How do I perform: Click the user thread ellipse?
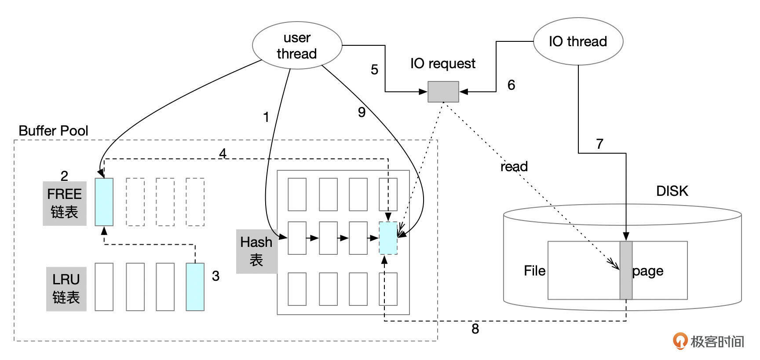[x=297, y=45]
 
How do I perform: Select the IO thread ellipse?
[x=578, y=41]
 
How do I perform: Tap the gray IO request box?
[x=443, y=92]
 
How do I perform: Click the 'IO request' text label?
[x=442, y=63]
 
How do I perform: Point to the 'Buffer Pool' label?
[x=53, y=131]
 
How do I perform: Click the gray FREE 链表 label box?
[x=65, y=203]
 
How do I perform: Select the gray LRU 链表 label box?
[x=66, y=289]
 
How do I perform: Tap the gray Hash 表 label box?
[x=257, y=251]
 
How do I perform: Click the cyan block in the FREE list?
[x=104, y=202]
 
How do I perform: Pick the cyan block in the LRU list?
[x=195, y=287]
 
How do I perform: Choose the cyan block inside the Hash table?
[x=388, y=238]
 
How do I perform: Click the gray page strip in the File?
[x=626, y=270]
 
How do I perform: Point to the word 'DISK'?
[x=672, y=191]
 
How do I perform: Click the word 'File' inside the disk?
[x=534, y=271]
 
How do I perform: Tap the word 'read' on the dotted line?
[x=514, y=166]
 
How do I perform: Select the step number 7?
[x=599, y=143]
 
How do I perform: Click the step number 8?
[x=475, y=329]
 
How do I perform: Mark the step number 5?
[x=374, y=70]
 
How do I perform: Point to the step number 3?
[x=216, y=276]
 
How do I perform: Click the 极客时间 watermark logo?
[x=709, y=341]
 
